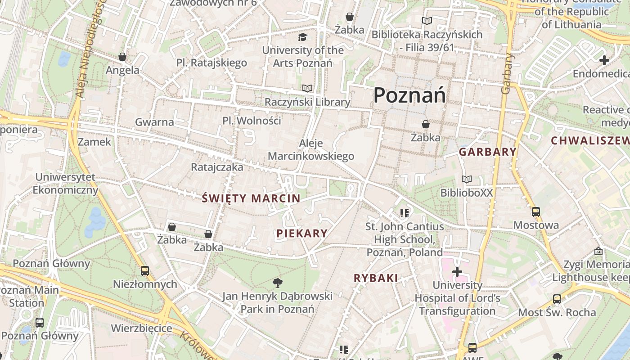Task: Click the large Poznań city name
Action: [x=409, y=95]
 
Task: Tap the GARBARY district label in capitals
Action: [x=487, y=152]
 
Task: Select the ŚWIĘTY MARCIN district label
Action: [x=251, y=198]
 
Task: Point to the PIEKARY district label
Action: [x=302, y=233]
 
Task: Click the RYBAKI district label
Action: [x=376, y=278]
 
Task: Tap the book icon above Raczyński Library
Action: [x=307, y=88]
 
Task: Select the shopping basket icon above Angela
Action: [x=122, y=57]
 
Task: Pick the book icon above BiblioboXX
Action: [x=467, y=180]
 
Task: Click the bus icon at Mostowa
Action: [x=535, y=212]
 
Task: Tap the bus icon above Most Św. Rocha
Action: [x=557, y=299]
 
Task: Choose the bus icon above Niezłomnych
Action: [x=145, y=270]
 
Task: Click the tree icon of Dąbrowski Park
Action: [x=277, y=283]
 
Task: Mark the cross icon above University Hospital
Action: [x=457, y=271]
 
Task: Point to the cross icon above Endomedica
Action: [x=604, y=60]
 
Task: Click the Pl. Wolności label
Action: [x=252, y=121]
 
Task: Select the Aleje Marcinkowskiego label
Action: [x=311, y=150]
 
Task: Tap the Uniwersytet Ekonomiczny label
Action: [x=65, y=184]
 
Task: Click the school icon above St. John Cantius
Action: [x=404, y=213]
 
